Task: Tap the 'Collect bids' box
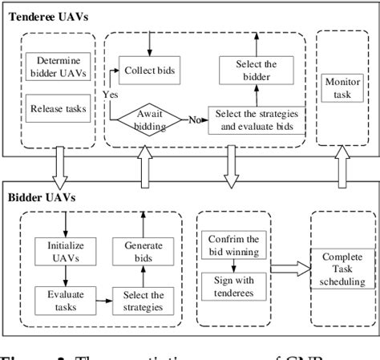148,70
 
